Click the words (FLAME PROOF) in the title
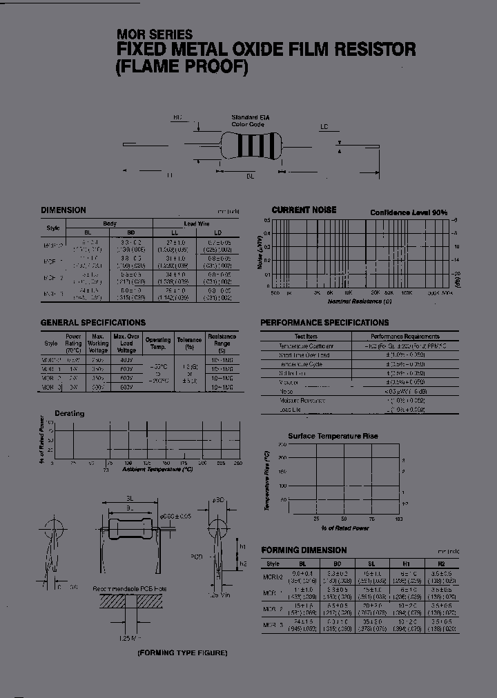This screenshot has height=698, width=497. coord(181,68)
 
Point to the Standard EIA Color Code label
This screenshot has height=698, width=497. coord(249,121)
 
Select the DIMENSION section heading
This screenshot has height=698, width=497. coord(64,210)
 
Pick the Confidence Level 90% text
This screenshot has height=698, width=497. coord(409,213)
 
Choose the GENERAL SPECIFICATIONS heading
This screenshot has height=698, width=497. coord(93,323)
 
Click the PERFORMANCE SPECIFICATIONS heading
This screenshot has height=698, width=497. coord(324,323)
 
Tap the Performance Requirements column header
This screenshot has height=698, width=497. coord(405,337)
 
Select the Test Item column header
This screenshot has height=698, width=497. coord(306,337)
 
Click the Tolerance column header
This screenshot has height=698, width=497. coord(189,340)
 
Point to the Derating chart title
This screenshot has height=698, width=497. coord(69,414)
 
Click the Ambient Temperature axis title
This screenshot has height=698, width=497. coord(157,469)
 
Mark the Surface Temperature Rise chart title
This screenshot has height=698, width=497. coord(333,436)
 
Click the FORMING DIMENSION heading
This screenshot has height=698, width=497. coord(304,550)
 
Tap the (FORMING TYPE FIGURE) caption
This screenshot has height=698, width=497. coord(182,652)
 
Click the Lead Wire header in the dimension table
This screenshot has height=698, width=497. coord(195,224)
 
